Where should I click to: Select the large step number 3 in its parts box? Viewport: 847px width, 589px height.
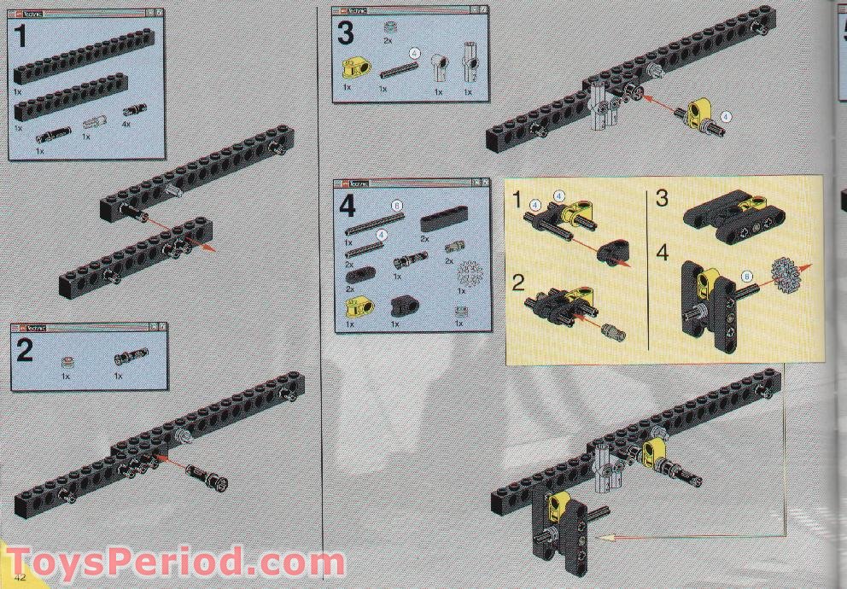(345, 34)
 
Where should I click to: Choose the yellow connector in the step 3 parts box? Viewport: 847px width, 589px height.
(353, 67)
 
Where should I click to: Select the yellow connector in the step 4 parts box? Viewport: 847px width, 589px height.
(351, 305)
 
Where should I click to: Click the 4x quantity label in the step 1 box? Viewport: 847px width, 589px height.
(128, 125)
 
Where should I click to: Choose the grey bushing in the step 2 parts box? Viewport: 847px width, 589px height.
(67, 362)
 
